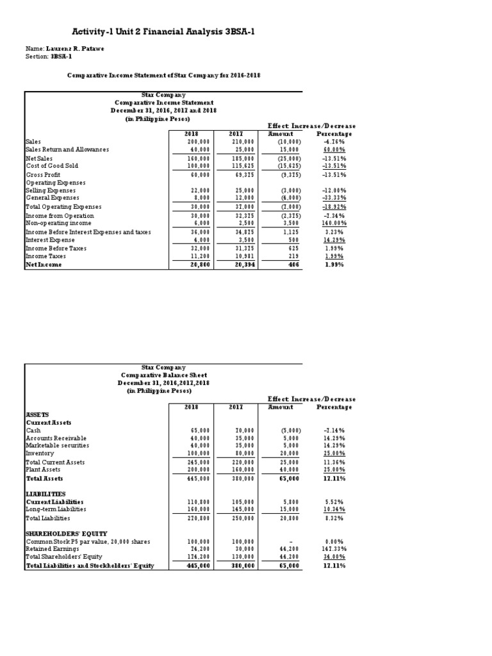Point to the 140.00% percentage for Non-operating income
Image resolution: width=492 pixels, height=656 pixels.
(x=334, y=223)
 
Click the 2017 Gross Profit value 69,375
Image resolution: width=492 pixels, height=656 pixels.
(x=244, y=174)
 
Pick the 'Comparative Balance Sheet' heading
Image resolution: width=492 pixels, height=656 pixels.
(x=164, y=375)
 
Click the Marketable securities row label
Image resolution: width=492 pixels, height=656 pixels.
(x=57, y=445)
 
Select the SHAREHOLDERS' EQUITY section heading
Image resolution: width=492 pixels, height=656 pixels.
(x=66, y=534)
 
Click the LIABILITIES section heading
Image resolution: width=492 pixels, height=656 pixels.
(x=45, y=494)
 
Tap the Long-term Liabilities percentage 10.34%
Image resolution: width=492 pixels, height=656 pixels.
(x=334, y=509)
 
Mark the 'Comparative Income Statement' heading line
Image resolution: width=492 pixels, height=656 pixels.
(x=164, y=102)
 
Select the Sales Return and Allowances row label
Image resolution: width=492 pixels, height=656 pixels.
(x=67, y=149)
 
